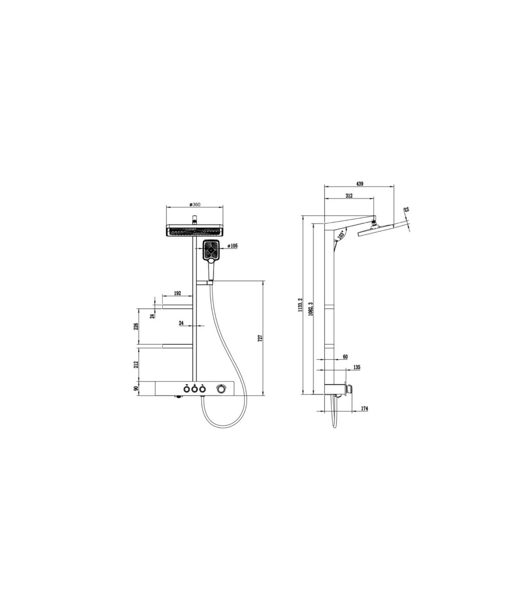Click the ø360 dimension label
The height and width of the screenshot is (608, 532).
(195, 204)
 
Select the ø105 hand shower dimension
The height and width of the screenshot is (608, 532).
(232, 246)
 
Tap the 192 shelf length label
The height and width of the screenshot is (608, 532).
(177, 293)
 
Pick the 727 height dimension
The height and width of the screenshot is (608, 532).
(260, 338)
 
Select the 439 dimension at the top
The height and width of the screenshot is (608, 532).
(360, 183)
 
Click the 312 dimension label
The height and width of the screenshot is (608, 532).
(349, 195)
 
